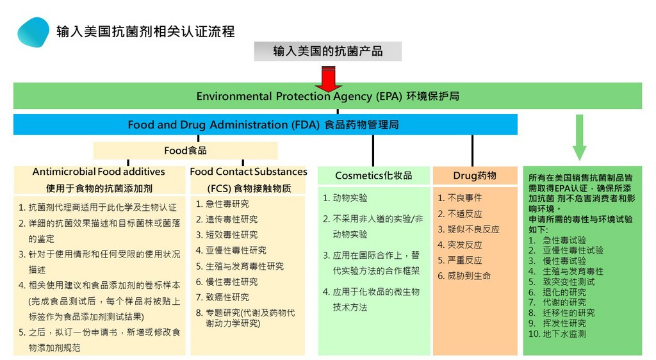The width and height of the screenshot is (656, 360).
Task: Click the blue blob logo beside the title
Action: click(33, 32)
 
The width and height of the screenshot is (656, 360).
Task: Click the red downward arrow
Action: click(329, 79)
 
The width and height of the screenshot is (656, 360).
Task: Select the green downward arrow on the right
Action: click(579, 138)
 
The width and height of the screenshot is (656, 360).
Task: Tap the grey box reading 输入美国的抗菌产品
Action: click(328, 51)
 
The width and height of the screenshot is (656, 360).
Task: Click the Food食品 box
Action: click(185, 151)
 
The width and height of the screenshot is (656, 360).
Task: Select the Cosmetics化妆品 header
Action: click(373, 176)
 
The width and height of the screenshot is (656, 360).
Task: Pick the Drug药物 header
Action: click(475, 176)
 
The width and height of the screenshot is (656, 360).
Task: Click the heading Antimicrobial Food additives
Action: click(99, 172)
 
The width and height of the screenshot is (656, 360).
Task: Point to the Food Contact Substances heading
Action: click(249, 172)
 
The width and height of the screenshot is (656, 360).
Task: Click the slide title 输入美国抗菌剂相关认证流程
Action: click(145, 32)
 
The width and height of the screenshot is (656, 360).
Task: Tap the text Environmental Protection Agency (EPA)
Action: click(300, 96)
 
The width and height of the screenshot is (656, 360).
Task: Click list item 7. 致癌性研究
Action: click(222, 297)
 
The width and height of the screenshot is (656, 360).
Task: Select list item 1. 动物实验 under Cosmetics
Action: click(345, 198)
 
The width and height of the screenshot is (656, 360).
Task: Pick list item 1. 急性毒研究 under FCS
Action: click(222, 204)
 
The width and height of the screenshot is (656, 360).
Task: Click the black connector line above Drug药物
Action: click(472, 151)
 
